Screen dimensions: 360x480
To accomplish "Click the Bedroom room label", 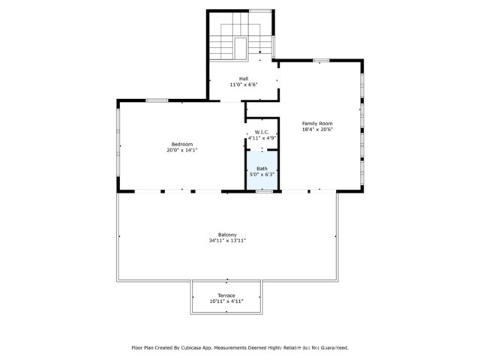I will tap(181, 145).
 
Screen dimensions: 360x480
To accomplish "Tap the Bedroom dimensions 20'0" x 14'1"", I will tap(181, 151).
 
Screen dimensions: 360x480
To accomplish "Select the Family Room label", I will tap(316, 124).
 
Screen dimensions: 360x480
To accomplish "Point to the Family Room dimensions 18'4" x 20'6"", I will tap(316, 130).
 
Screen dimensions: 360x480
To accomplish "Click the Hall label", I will tap(244, 79).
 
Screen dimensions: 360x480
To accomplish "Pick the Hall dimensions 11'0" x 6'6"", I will tap(244, 85).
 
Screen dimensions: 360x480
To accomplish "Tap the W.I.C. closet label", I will tap(262, 133).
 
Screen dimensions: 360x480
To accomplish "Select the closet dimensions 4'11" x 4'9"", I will tap(262, 139).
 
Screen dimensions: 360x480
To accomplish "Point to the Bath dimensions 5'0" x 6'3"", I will tap(262, 175).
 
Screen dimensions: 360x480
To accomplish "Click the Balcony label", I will tap(227, 235).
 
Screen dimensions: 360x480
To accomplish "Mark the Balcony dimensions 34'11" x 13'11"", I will tap(227, 241).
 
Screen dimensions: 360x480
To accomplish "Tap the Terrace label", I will tap(226, 295).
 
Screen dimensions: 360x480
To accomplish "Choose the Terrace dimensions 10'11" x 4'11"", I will tap(226, 301).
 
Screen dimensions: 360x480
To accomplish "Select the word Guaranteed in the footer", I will tap(331, 348).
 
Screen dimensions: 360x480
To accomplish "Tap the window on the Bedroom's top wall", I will tap(156, 100).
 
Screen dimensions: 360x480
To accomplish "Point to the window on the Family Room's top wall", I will tap(321, 60).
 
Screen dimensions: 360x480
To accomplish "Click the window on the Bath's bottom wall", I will tap(264, 191).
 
